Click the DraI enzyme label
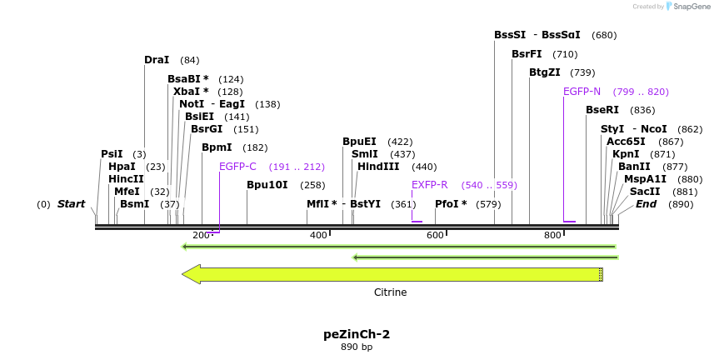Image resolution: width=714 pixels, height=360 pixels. point(157,60)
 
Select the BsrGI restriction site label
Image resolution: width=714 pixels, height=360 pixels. point(207,129)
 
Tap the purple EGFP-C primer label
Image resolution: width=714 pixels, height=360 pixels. point(237,167)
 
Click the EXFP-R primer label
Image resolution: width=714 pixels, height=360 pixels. point(429,185)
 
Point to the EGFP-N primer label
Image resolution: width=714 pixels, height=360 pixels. point(582,92)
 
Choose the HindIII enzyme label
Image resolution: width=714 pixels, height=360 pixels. point(378,167)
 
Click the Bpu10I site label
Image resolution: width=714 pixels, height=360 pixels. point(267,185)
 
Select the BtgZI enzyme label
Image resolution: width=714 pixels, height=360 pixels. point(544,72)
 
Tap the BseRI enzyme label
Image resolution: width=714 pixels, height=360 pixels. point(602,110)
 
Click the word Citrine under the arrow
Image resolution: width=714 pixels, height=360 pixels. point(390,292)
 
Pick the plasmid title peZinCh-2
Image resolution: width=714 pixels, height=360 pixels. point(357,334)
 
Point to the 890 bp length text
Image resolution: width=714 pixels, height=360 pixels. point(357,347)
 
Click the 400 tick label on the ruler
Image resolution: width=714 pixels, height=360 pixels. point(318,236)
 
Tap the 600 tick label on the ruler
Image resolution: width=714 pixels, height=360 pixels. point(435,236)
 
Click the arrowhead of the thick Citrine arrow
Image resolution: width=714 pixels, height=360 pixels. point(192,274)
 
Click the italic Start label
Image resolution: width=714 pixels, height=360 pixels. point(71,204)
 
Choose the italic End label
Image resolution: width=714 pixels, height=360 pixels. point(646,204)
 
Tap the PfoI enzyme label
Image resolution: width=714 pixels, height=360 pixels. point(451,204)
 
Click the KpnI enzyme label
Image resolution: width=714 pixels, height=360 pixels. point(626,154)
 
